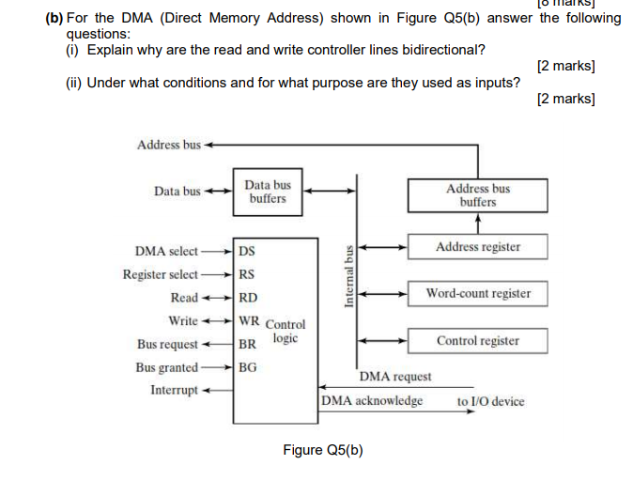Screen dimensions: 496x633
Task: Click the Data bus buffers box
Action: pyautogui.click(x=268, y=193)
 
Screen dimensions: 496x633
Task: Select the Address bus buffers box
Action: pyautogui.click(x=478, y=195)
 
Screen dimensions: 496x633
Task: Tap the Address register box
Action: pyautogui.click(x=478, y=247)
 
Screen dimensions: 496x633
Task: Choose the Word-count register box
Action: pyautogui.click(x=478, y=293)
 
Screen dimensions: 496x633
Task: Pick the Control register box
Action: pyautogui.click(x=478, y=340)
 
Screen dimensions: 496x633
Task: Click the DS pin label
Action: pyautogui.click(x=247, y=251)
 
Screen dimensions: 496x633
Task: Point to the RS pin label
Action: pyautogui.click(x=247, y=274)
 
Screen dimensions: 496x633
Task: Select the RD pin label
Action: pyautogui.click(x=248, y=298)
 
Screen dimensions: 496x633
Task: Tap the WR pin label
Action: pyautogui.click(x=249, y=320)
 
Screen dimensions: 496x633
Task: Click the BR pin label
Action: pyautogui.click(x=247, y=344)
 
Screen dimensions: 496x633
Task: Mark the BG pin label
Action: pyautogui.click(x=247, y=367)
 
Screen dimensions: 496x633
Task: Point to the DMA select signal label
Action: pyautogui.click(x=166, y=251)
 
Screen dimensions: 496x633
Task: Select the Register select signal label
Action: pyautogui.click(x=160, y=274)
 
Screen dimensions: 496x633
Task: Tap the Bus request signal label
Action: pyautogui.click(x=167, y=344)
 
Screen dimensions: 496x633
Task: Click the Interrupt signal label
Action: pyautogui.click(x=174, y=390)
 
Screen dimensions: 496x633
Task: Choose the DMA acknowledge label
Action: pyautogui.click(x=372, y=401)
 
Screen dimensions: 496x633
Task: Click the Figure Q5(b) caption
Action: pyautogui.click(x=322, y=450)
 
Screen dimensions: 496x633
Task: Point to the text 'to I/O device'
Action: pyautogui.click(x=490, y=401)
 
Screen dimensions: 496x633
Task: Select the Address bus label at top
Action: pyautogui.click(x=168, y=145)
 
